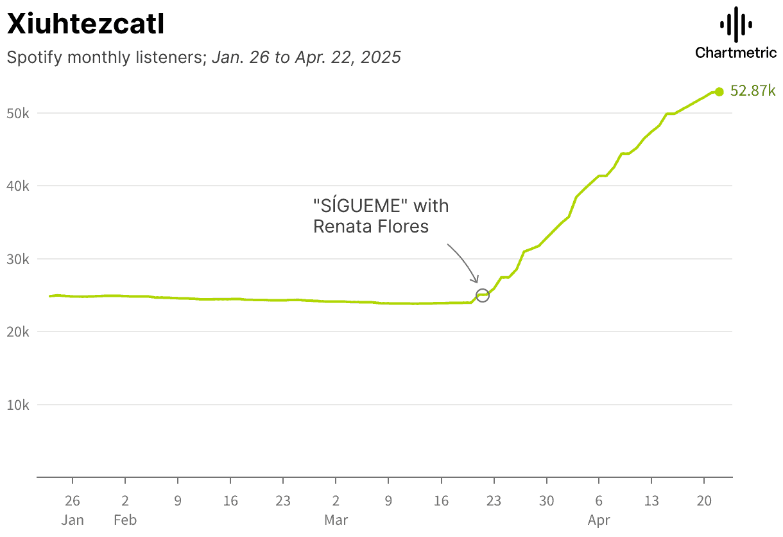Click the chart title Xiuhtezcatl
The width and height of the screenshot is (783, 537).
pyautogui.click(x=85, y=24)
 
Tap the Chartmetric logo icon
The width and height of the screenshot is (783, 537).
pyautogui.click(x=736, y=25)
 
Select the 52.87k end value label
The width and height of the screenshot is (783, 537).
pyautogui.click(x=753, y=91)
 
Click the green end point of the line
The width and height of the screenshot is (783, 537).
pyautogui.click(x=719, y=91)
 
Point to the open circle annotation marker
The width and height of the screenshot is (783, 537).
pyautogui.click(x=483, y=295)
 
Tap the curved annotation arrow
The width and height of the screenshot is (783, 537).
pyautogui.click(x=465, y=260)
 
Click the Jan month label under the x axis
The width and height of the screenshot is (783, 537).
pyautogui.click(x=73, y=520)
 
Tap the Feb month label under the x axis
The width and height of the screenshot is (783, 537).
pyautogui.click(x=125, y=520)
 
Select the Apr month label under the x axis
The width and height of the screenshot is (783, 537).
pyautogui.click(x=599, y=520)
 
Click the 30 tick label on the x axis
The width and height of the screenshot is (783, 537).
pyautogui.click(x=546, y=501)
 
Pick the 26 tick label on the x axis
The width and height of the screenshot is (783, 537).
pyautogui.click(x=73, y=501)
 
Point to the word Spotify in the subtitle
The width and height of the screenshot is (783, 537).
pyautogui.click(x=34, y=57)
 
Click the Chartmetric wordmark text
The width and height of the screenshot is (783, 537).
pyautogui.click(x=736, y=53)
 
